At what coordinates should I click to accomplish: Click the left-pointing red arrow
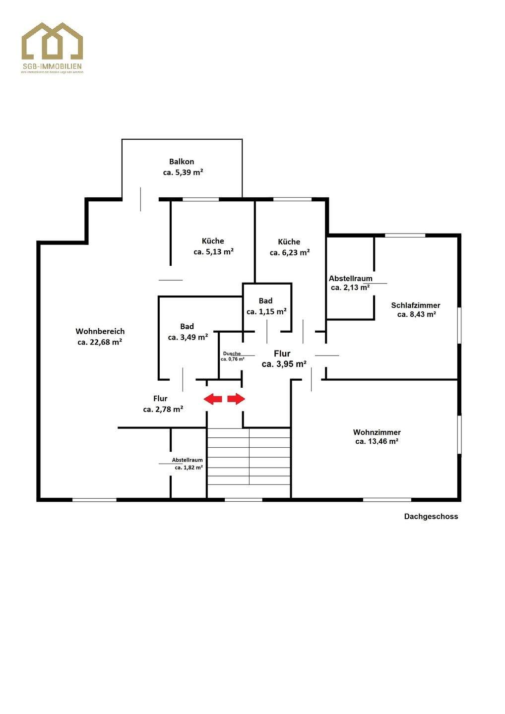[x=213, y=399]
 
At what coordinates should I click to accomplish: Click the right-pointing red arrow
[x=236, y=399]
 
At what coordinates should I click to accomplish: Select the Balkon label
[x=182, y=162]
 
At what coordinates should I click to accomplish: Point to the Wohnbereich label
[x=100, y=331]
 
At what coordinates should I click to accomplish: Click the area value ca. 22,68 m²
[x=100, y=342]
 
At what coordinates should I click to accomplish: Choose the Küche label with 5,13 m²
[x=213, y=241]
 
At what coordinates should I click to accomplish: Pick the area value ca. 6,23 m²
[x=290, y=252]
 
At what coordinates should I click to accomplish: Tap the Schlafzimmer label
[x=416, y=305]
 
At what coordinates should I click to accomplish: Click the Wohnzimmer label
[x=377, y=432]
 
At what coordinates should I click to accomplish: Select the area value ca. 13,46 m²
[x=377, y=441]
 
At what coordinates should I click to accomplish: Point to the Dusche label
[x=232, y=354]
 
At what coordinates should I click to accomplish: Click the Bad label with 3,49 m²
[x=187, y=326]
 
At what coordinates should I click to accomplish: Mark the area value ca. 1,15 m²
[x=266, y=312]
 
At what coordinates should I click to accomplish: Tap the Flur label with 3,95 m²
[x=282, y=354]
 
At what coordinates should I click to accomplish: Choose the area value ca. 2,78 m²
[x=163, y=410]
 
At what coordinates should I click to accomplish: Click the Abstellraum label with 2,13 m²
[x=351, y=278]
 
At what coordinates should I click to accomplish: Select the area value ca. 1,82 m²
[x=189, y=468]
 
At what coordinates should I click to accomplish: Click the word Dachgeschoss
[x=431, y=517]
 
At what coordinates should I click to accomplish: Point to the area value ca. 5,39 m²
[x=183, y=173]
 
